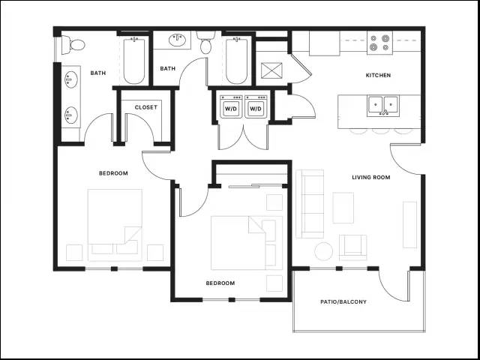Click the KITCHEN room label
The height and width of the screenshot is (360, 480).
coord(378,75)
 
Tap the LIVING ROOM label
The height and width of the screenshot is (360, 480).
coord(371,177)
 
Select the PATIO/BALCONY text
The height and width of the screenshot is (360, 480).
coord(343,301)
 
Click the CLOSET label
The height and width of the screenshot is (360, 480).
coord(146,107)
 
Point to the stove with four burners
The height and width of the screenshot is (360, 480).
coord(380,43)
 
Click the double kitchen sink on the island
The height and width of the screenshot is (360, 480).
coord(382,106)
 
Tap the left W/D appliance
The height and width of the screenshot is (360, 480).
coord(231,106)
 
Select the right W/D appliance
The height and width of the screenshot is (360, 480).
coord(256,106)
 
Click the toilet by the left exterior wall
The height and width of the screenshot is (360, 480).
coord(73,45)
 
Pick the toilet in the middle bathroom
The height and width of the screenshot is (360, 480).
coord(205,43)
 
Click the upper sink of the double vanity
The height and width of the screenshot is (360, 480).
coord(71,79)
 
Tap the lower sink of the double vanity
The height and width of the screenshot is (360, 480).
coord(71,115)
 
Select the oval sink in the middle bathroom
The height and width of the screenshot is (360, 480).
coord(178,40)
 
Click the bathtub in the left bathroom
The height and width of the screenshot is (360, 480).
coord(134,61)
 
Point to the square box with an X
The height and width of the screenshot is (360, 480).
coord(271,70)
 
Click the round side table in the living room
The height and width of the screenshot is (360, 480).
coord(323,252)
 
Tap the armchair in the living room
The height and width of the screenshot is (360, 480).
coord(352,245)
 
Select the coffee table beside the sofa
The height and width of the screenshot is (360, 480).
coord(343,208)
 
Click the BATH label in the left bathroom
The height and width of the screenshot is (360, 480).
coord(98,73)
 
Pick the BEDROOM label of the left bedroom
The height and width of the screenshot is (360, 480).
coord(113,173)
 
